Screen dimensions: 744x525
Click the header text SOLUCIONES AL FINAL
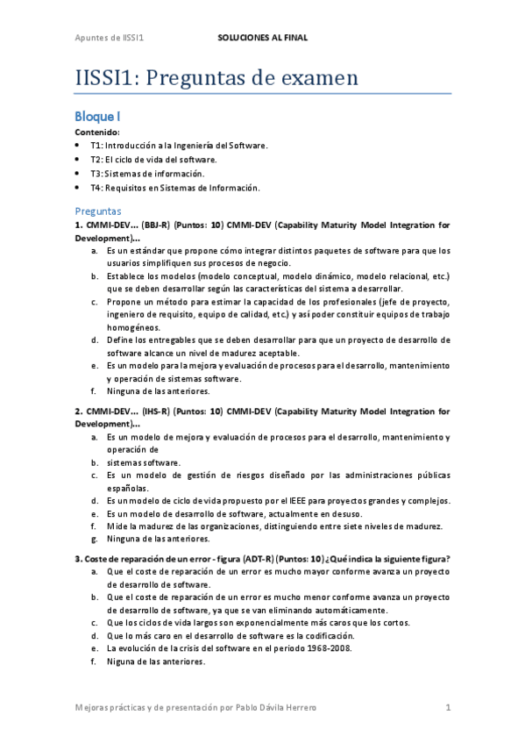pyautogui.click(x=262, y=39)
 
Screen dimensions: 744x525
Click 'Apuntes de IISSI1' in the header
pyautogui.click(x=109, y=39)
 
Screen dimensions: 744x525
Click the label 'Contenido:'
pyautogui.click(x=97, y=131)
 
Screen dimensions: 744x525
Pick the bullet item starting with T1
pyautogui.click(x=179, y=145)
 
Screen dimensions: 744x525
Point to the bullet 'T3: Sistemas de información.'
pyautogui.click(x=153, y=174)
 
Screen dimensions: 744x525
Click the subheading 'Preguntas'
pyautogui.click(x=98, y=211)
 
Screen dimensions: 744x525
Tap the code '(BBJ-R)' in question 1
pyautogui.click(x=157, y=225)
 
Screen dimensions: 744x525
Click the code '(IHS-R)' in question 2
pyautogui.click(x=157, y=411)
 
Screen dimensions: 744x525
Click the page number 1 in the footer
pyautogui.click(x=448, y=707)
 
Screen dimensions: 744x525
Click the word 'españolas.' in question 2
pyautogui.click(x=127, y=488)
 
